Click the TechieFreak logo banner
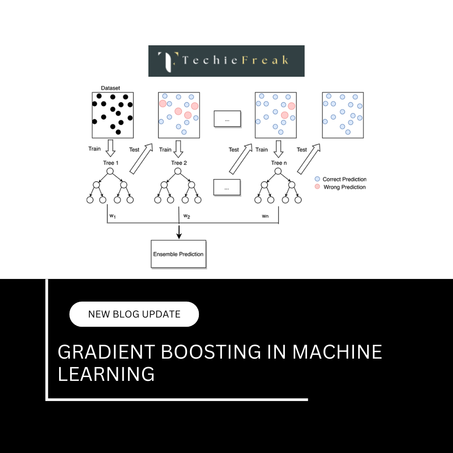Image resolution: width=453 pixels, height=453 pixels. (226, 61)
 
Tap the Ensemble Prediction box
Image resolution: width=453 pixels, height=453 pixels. (178, 254)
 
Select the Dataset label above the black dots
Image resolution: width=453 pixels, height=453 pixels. (110, 88)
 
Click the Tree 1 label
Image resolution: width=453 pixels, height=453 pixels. (111, 163)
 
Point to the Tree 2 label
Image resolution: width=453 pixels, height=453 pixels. (179, 163)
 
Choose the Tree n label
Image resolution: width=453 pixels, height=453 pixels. (276, 163)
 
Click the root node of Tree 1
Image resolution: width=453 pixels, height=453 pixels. (110, 171)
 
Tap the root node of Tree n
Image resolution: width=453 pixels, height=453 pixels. (278, 171)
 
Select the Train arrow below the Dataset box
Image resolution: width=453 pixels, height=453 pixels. (110, 148)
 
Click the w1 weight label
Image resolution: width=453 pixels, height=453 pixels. (112, 216)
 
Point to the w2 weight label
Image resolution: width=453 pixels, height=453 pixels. (187, 216)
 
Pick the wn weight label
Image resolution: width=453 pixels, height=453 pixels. (265, 216)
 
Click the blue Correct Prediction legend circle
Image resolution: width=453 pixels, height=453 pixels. (318, 179)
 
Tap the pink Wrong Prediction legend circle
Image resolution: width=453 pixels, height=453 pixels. (318, 187)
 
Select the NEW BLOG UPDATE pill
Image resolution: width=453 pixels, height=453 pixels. (134, 314)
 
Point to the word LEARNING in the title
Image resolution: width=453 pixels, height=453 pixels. (106, 374)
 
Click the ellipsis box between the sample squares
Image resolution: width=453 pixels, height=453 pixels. (227, 119)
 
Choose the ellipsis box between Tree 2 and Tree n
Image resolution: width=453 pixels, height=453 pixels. (226, 187)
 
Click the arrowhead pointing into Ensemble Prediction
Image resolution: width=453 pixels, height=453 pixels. (179, 236)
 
